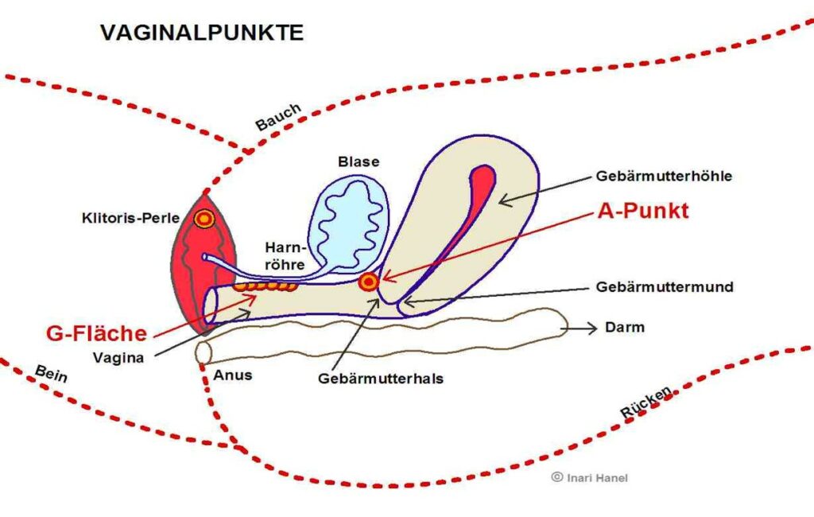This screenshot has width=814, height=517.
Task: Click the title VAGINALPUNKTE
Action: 202,33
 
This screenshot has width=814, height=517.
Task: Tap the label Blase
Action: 359,161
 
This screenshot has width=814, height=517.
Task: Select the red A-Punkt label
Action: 643,211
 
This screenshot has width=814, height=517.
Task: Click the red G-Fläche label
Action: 96,333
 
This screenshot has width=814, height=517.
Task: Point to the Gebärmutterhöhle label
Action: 664,176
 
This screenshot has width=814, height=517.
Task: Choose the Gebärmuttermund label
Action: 665,287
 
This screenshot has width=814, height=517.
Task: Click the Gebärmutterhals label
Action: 381,379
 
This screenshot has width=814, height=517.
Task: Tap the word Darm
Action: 625,328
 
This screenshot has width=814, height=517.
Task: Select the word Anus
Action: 233,375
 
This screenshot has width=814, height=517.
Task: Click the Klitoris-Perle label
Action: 131,217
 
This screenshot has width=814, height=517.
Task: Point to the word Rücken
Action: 647,402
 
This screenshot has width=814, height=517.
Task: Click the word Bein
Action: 51,373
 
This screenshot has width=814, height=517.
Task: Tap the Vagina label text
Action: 118,357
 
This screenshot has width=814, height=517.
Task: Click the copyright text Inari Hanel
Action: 590,477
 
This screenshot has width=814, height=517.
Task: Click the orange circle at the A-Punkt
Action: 369,282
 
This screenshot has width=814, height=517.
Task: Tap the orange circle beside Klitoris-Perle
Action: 204,220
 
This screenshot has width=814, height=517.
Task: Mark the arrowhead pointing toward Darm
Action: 591,328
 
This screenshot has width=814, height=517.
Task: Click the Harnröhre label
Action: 285,256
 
